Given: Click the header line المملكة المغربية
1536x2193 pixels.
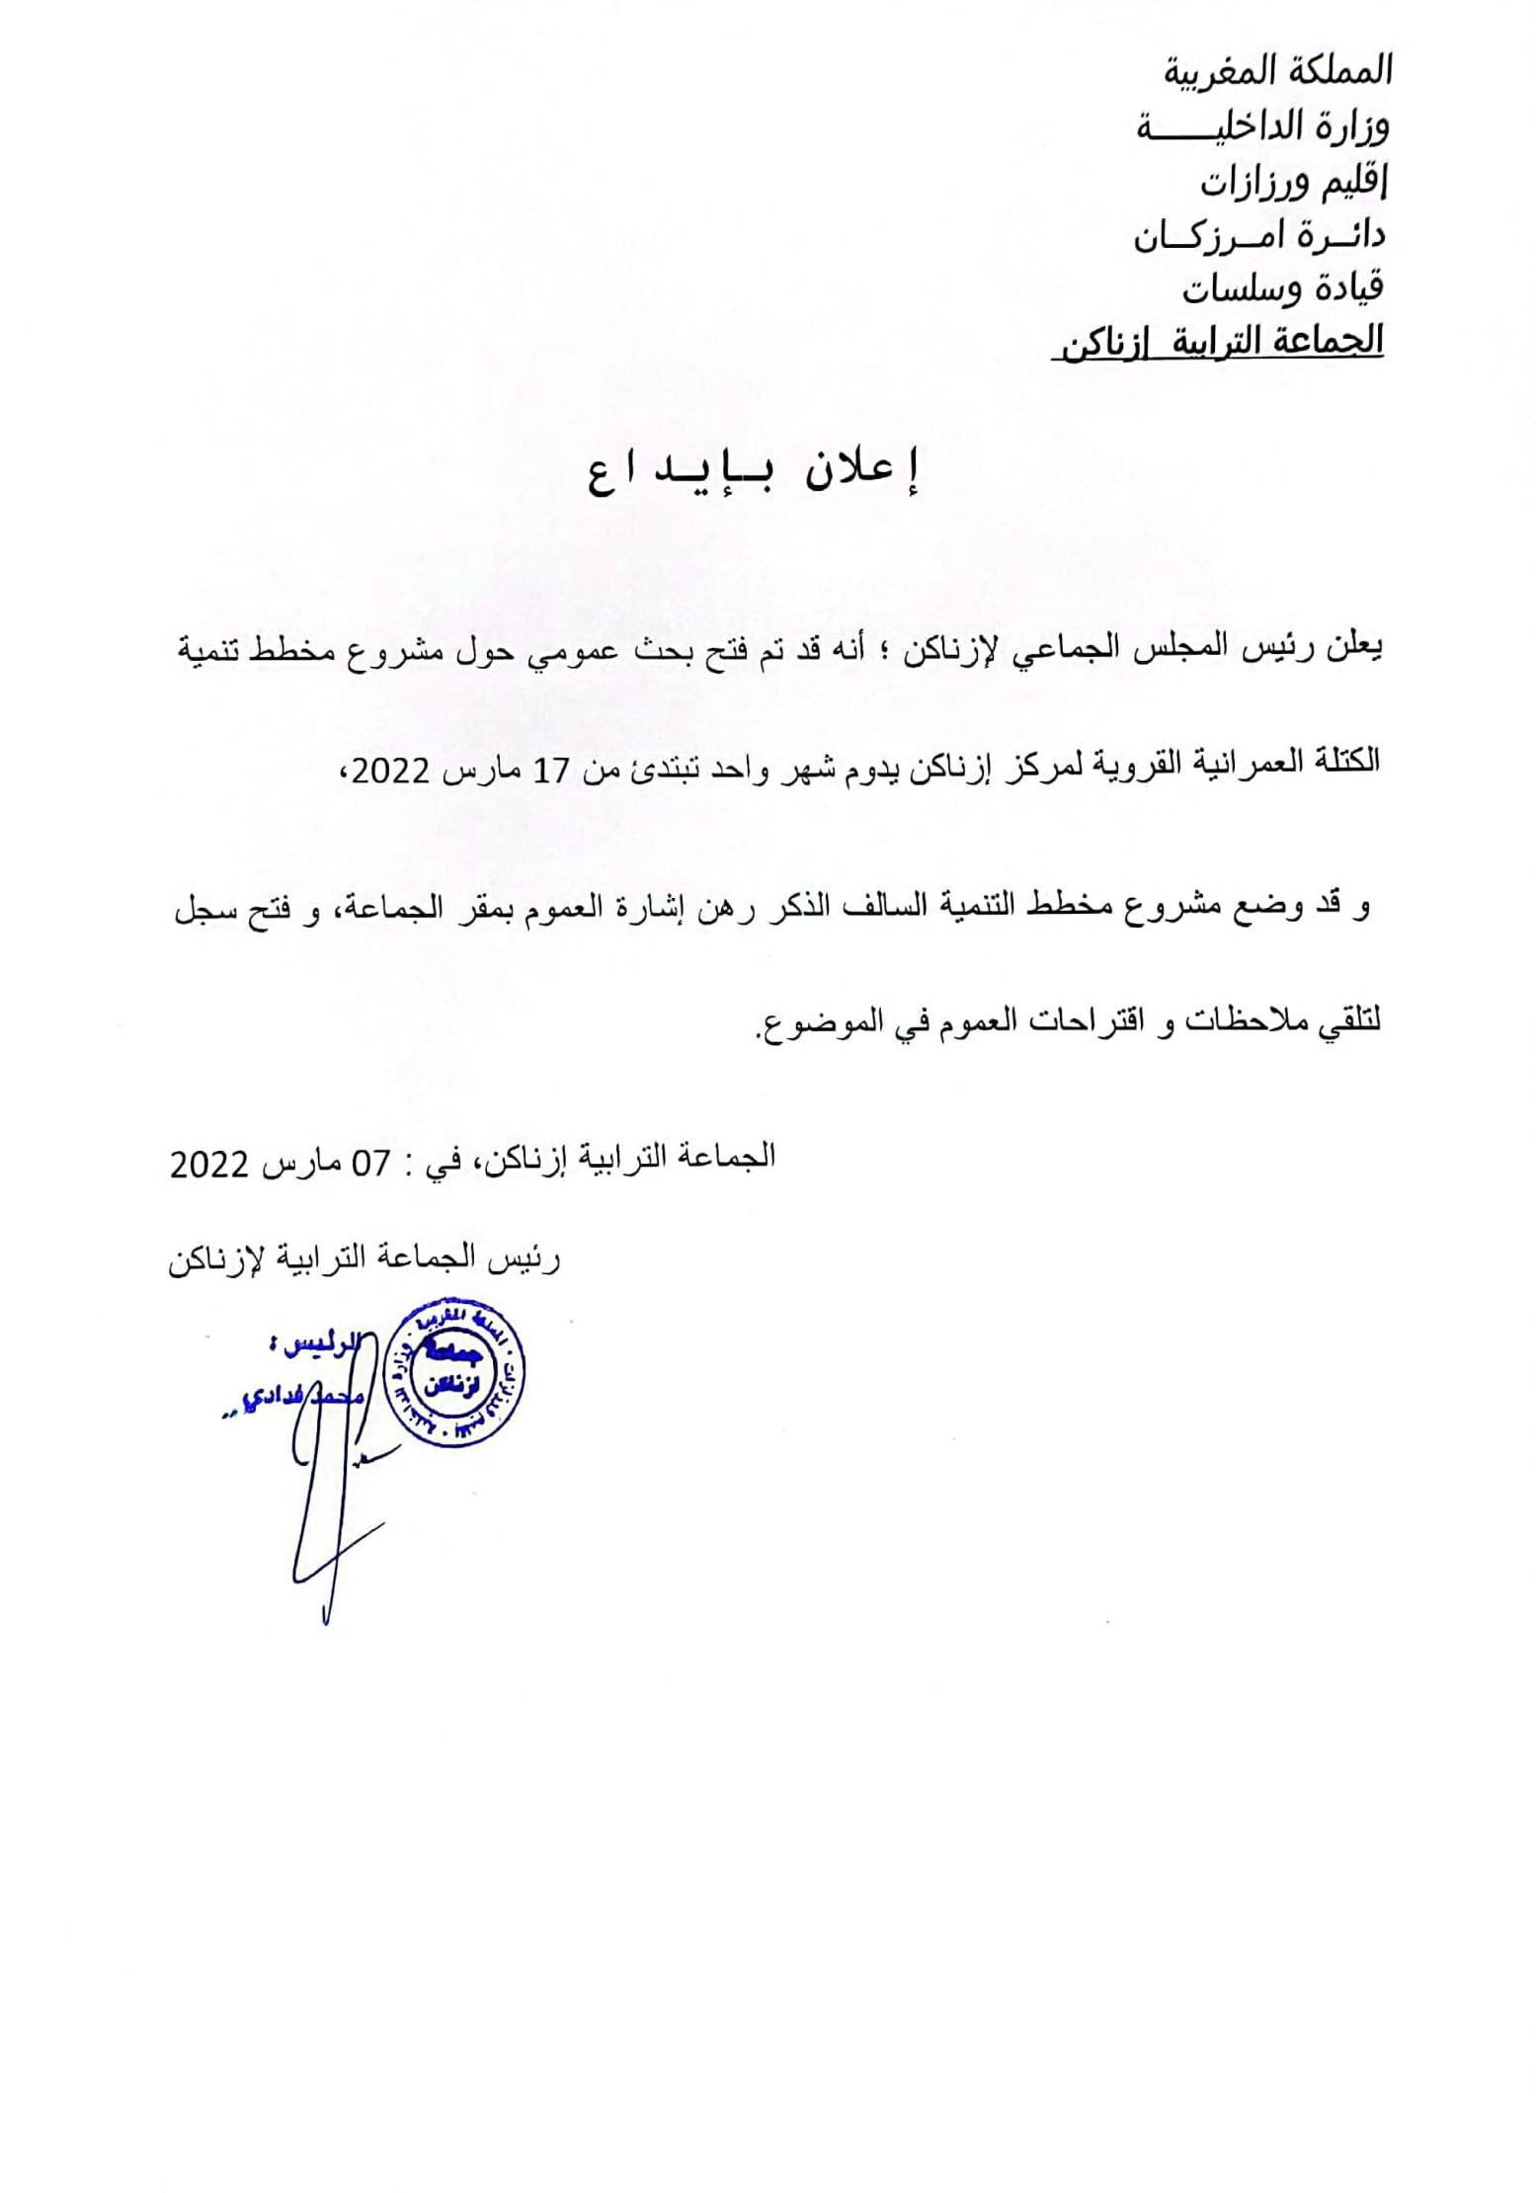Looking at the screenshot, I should pos(1277,72).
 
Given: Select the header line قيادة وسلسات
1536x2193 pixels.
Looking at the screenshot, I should pos(1282,287).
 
